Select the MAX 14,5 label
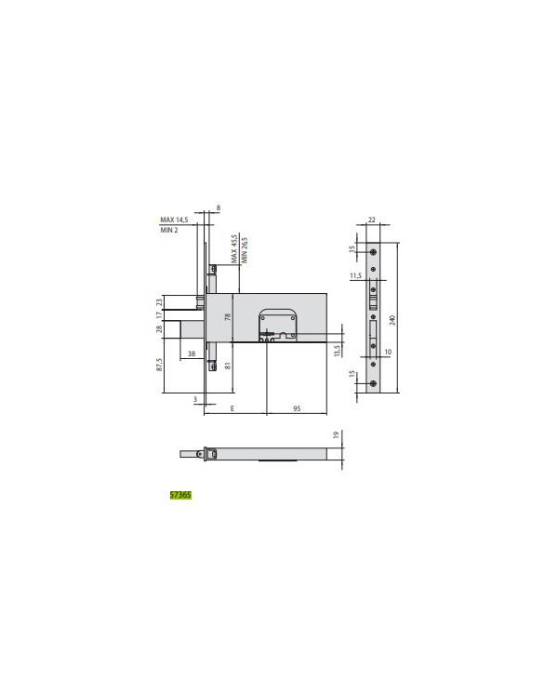(x=174, y=220)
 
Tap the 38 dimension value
(x=191, y=353)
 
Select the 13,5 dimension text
(x=336, y=349)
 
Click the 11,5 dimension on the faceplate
(x=355, y=276)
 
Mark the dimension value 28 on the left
(x=160, y=328)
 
